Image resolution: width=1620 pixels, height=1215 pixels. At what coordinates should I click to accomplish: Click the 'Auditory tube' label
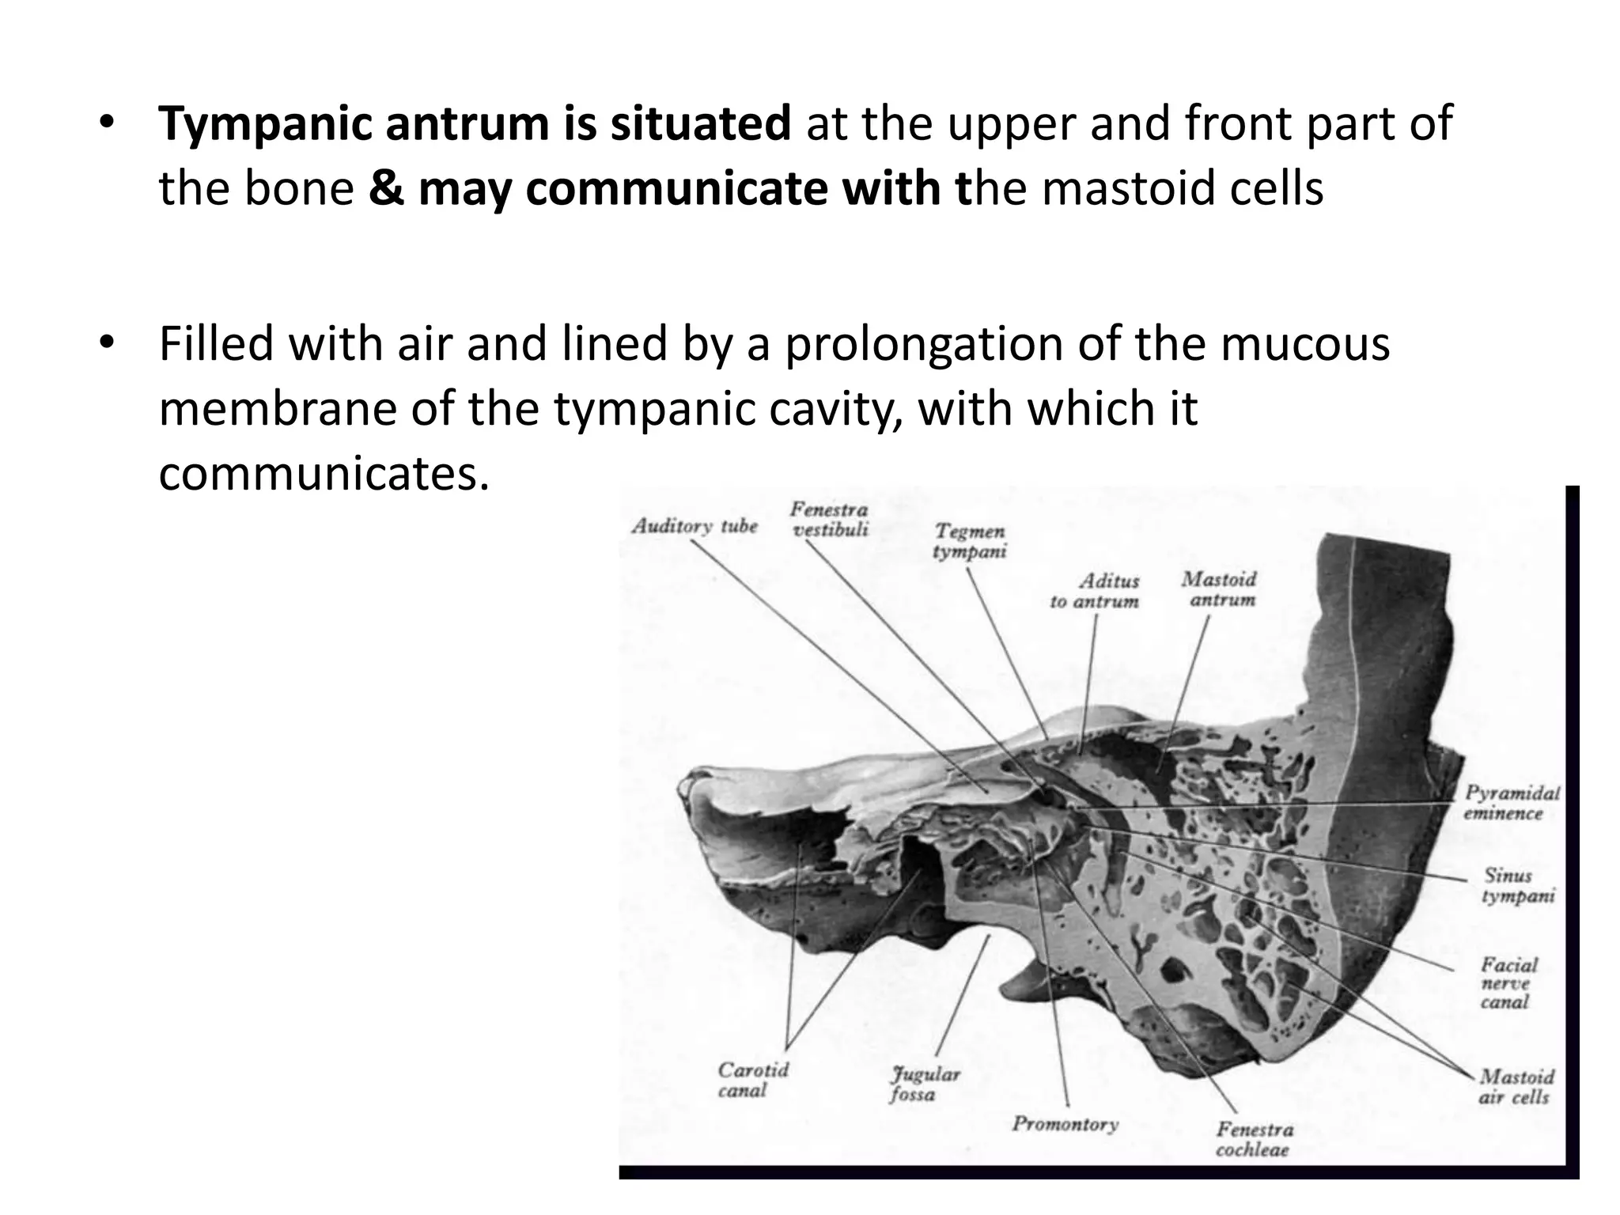(x=694, y=526)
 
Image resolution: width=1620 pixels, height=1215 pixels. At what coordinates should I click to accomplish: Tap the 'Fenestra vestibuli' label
(x=829, y=520)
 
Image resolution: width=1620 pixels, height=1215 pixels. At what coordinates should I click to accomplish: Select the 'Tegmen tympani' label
(x=969, y=541)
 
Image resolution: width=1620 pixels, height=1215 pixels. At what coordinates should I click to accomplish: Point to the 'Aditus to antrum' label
(x=1095, y=591)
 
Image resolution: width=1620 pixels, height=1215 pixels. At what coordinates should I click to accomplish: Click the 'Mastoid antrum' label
(x=1220, y=589)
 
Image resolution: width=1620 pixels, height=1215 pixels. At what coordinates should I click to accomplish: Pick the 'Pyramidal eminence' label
(x=1511, y=803)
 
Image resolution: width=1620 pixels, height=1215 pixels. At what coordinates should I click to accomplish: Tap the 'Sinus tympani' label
(x=1517, y=885)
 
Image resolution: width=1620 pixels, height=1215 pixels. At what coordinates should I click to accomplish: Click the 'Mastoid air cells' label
(x=1516, y=1087)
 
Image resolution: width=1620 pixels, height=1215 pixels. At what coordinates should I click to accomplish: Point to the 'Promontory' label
(x=1065, y=1124)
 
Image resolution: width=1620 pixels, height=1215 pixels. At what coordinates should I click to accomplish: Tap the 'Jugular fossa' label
(x=923, y=1084)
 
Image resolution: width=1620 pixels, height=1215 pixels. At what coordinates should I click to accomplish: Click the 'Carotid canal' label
(x=752, y=1080)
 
